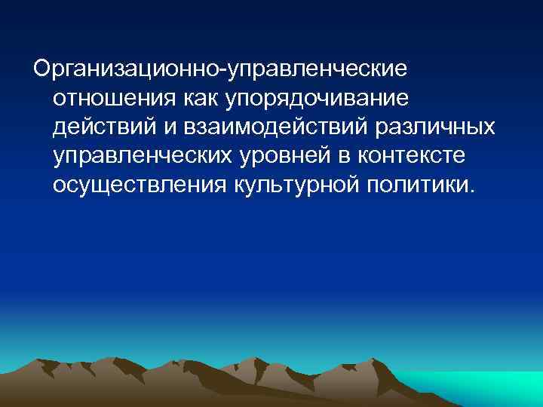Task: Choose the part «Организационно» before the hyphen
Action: pos(124,69)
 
